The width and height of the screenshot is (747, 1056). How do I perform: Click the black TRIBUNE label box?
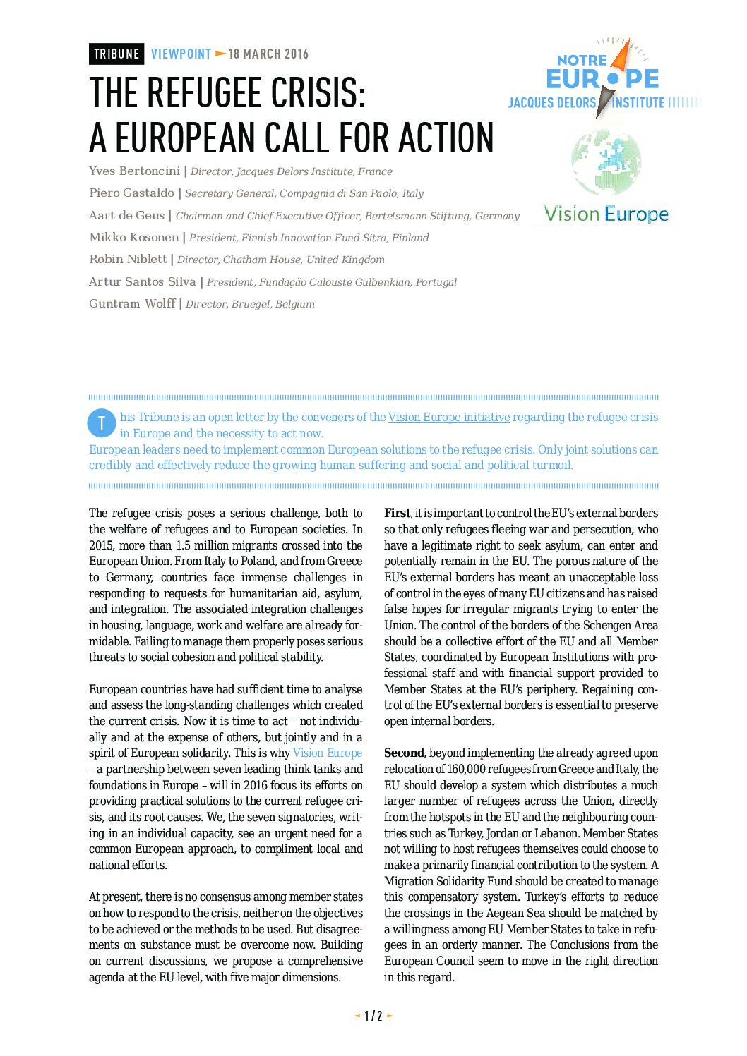116,54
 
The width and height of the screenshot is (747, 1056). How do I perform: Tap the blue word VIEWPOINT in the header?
181,54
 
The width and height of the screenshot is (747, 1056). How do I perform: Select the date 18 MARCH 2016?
268,54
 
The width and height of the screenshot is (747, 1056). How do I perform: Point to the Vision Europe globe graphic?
606,162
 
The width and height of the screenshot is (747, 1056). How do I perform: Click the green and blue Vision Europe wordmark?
606,214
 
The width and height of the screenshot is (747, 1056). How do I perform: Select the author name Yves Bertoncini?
134,171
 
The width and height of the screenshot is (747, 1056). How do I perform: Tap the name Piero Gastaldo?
131,193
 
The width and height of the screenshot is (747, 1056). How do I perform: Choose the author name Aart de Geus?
126,215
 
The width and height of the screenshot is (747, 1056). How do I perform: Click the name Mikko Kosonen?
134,237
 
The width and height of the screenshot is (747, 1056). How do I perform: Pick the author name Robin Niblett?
128,259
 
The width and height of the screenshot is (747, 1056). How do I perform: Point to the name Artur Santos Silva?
142,281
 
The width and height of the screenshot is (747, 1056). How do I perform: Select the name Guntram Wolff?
132,303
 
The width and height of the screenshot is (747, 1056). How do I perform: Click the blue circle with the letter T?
102,423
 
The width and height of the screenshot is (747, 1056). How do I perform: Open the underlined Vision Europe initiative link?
448,417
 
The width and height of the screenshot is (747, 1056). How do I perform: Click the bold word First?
397,513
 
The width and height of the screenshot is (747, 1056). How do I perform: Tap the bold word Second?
404,753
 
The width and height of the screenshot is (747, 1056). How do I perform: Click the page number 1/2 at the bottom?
373,1016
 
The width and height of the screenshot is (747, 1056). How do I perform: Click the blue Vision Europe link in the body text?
327,753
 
